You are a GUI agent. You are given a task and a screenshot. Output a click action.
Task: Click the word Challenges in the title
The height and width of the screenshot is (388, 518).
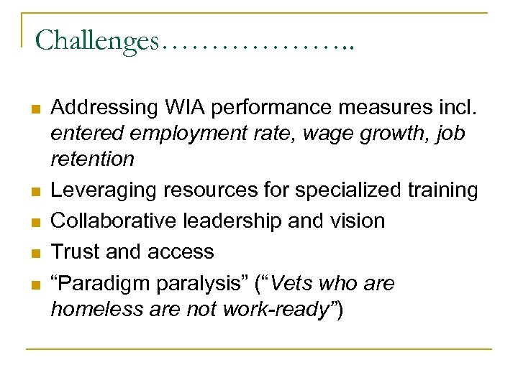[x=96, y=41]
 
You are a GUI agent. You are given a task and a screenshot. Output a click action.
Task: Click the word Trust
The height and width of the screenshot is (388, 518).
[x=76, y=251]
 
